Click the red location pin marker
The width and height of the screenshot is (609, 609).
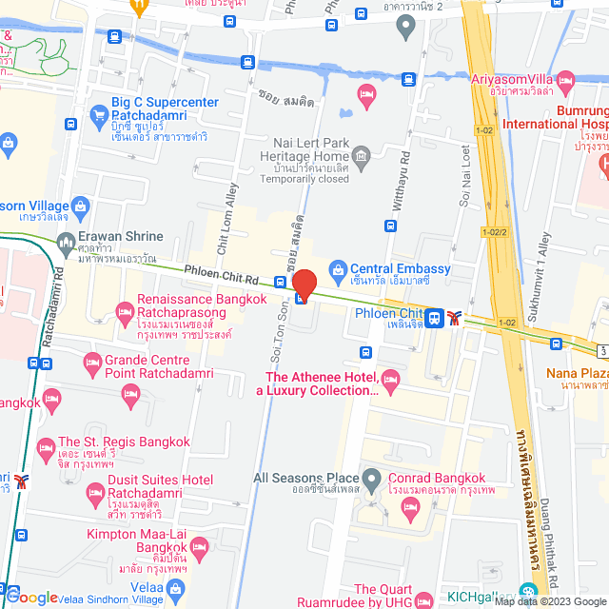click(x=304, y=285)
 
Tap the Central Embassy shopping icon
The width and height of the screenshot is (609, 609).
click(x=336, y=269)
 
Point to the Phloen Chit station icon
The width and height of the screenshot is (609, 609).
click(x=434, y=317)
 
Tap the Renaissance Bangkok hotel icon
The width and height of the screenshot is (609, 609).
click(x=124, y=311)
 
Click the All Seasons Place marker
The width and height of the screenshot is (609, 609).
click(x=371, y=478)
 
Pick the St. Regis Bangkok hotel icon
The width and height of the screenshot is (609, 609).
click(x=45, y=447)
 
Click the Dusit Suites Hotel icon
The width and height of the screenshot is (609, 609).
click(x=94, y=492)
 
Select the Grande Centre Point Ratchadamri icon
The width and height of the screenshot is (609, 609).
click(x=92, y=362)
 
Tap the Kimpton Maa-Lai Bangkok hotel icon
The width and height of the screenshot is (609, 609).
click(x=199, y=547)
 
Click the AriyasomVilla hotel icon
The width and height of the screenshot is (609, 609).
click(x=566, y=79)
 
